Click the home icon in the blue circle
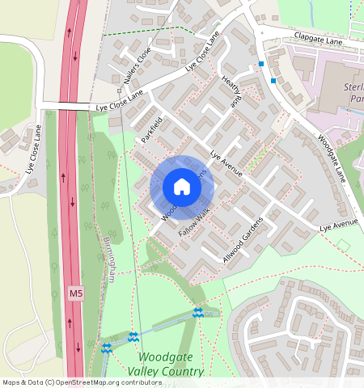[x=182, y=188]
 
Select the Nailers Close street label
[x=138, y=64]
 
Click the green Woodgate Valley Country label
[x=170, y=364]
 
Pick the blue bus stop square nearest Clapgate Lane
[x=260, y=63]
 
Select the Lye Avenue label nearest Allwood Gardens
[x=337, y=222]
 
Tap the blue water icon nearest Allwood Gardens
[x=197, y=313]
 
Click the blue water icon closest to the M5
[x=106, y=348]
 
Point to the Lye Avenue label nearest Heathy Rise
[x=226, y=158]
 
